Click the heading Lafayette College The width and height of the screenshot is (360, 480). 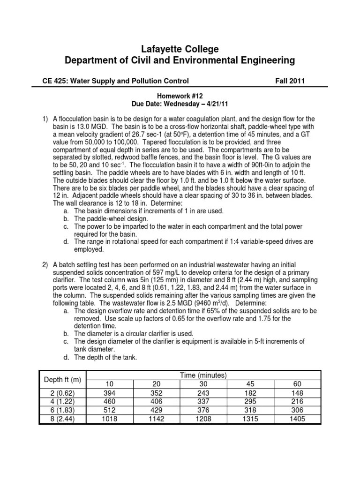(180, 49)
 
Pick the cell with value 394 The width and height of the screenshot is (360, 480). (111, 393)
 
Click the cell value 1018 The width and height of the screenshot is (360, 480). (111, 419)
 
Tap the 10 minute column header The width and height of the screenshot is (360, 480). (111, 384)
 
